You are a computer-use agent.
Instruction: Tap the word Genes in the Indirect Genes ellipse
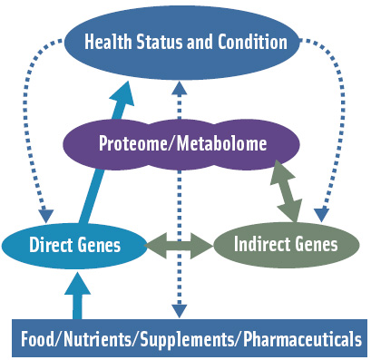click(x=314, y=244)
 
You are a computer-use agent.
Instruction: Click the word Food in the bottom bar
click(x=38, y=340)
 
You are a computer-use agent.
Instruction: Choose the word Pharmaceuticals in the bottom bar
click(x=295, y=340)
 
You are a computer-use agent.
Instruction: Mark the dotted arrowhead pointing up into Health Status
click(x=179, y=87)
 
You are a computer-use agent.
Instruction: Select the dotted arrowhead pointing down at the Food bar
click(x=179, y=311)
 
